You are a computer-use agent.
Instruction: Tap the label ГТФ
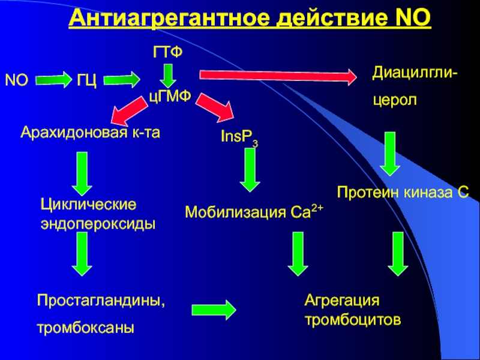[x=169, y=53]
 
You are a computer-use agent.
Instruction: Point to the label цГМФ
[x=169, y=98]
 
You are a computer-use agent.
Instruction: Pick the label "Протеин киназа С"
[x=402, y=192]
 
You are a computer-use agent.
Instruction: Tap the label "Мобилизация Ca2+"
[x=254, y=211]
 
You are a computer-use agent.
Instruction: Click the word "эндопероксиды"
[x=97, y=223]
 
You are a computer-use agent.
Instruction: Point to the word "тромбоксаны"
[x=85, y=328]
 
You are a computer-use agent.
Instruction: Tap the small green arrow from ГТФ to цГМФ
[x=169, y=75]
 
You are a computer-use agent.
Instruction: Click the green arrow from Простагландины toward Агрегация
[x=213, y=310]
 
